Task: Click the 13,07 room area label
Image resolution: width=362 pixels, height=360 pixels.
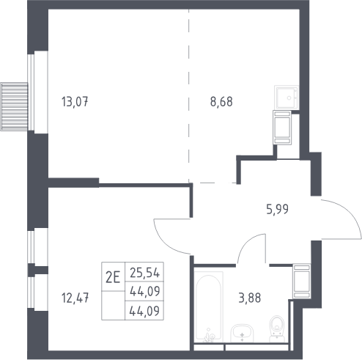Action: click(x=75, y=102)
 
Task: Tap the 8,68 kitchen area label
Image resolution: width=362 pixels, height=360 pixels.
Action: click(x=221, y=102)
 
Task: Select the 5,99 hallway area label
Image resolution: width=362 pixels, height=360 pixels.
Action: click(x=277, y=209)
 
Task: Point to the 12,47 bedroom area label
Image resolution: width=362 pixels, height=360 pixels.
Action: click(x=75, y=298)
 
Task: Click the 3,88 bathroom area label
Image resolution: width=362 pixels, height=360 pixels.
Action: click(x=250, y=298)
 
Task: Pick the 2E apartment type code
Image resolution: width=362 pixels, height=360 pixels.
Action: click(x=113, y=278)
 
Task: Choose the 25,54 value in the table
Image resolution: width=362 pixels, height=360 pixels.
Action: click(x=145, y=273)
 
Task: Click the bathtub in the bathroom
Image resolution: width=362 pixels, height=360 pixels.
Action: click(x=209, y=306)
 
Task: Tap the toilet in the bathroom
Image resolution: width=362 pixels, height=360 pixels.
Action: click(x=277, y=328)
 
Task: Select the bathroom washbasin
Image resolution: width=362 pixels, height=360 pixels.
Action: click(x=242, y=333)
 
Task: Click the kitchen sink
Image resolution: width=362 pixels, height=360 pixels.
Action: click(x=287, y=97)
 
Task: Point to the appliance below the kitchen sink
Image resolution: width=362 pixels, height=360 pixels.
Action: click(x=282, y=128)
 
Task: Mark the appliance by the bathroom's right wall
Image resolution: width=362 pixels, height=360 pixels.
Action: click(x=302, y=281)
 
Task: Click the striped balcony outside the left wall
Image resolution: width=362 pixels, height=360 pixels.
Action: click(x=14, y=106)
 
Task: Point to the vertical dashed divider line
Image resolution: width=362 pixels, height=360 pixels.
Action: click(x=188, y=96)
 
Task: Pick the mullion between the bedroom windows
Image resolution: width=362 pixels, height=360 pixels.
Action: click(x=38, y=270)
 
